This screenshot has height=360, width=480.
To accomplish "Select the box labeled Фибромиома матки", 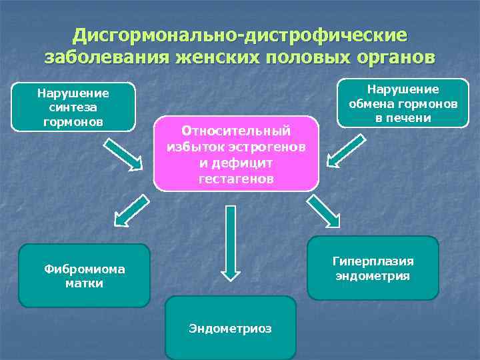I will pos(84,276).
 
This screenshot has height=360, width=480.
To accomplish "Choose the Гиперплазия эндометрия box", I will pos(373,268).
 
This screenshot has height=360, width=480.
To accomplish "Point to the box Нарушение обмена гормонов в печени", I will pos(402,103).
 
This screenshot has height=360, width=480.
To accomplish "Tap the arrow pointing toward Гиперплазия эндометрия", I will pos(323,211).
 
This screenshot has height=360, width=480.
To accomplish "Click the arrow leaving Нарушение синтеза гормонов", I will pos(124,152).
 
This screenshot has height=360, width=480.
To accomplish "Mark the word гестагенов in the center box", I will pos(236,178).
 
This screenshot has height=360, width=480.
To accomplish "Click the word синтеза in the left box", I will pos(73,107).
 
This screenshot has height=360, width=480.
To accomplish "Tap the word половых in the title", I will pos(303,56).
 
